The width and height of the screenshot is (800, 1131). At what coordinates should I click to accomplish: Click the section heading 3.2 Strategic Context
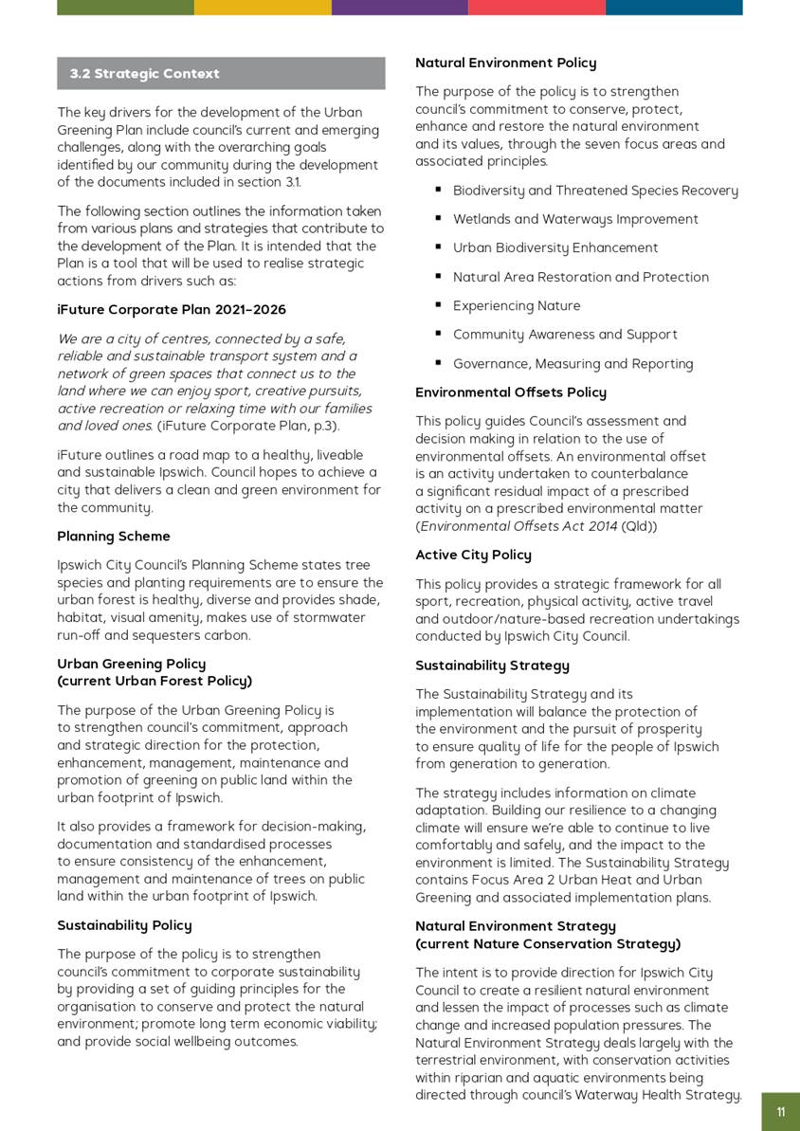144,74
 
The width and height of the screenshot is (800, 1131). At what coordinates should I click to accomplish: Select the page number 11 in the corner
780,1112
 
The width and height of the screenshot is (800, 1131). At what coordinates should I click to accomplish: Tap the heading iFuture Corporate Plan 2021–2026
172,310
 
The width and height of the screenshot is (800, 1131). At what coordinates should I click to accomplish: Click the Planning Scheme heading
114,537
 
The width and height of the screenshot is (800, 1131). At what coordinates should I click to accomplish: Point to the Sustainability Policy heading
124,925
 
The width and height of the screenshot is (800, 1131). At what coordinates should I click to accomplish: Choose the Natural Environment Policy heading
505,63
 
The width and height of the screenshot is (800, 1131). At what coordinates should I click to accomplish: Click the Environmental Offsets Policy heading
510,392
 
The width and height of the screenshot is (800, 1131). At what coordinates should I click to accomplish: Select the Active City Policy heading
473,555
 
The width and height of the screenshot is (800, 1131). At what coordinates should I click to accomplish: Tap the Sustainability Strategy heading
492,666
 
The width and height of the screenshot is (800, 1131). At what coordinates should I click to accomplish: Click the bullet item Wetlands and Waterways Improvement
575,219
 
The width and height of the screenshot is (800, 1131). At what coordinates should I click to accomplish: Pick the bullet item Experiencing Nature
517,306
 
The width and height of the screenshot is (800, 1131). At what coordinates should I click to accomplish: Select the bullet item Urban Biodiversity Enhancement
555,248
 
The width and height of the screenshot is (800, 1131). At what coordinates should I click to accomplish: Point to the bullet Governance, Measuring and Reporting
573,364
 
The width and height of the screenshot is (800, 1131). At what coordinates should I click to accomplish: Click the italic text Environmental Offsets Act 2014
518,526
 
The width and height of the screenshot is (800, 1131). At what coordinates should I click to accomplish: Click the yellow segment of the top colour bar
263,8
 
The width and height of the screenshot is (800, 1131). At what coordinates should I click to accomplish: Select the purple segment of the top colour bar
399,8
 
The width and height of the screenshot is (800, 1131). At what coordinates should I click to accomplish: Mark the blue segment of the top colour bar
674,8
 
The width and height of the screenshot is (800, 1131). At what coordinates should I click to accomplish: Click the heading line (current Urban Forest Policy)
155,681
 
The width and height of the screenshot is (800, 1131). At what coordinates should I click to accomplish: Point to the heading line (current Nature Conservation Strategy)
548,944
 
